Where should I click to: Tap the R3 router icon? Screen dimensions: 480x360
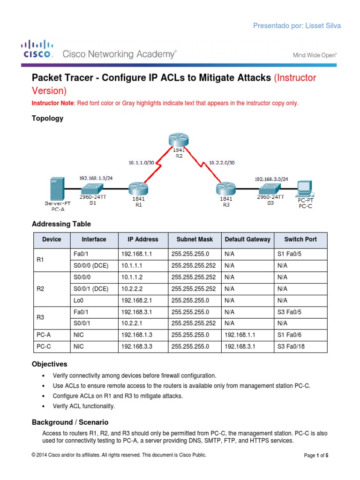tap(224, 189)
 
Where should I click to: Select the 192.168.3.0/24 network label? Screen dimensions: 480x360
tap(271, 179)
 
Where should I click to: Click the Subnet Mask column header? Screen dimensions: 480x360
tap(195, 240)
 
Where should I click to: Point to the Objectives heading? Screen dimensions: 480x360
tap(49, 364)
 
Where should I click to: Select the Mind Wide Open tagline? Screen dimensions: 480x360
tap(315, 55)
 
